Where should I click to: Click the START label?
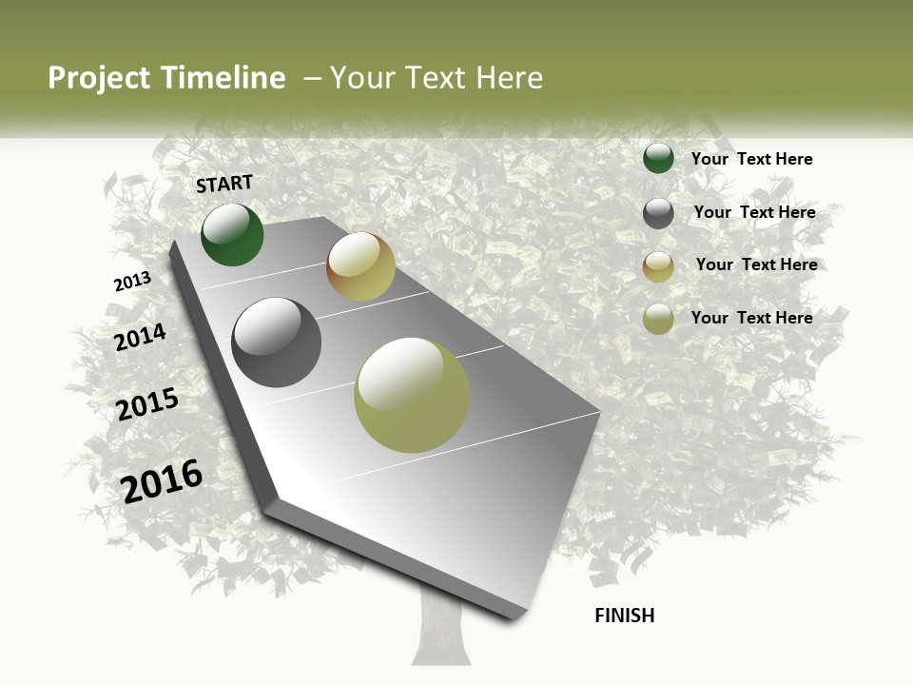[x=224, y=184]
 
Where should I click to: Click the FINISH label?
[x=624, y=616]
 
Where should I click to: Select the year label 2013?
[x=132, y=282]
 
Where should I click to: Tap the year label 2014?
[x=140, y=337]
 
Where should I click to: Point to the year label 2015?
[x=147, y=404]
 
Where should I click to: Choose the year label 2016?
[x=162, y=480]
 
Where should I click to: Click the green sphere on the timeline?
[x=232, y=234]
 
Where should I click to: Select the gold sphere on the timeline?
[x=360, y=266]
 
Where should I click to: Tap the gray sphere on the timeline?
[x=276, y=342]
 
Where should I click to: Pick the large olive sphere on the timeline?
[x=412, y=395]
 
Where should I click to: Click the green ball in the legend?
[x=658, y=159]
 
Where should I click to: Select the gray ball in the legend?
[x=658, y=213]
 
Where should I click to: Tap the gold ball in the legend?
[x=658, y=266]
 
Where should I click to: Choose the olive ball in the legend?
[x=658, y=319]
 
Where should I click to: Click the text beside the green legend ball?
[x=751, y=159]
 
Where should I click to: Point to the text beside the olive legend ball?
[x=751, y=318]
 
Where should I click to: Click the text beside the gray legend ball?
[x=754, y=212]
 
